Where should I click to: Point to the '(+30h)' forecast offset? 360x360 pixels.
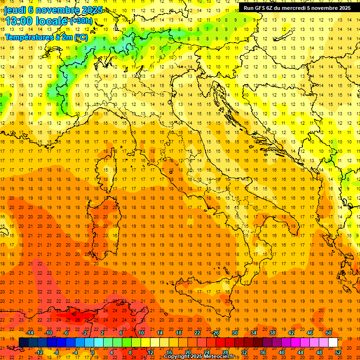[81, 21]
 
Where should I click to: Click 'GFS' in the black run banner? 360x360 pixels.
[261, 7]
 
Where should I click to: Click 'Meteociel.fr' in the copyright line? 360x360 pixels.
[222, 357]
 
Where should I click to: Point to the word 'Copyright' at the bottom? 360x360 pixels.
[177, 357]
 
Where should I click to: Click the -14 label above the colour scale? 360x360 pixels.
[30, 333]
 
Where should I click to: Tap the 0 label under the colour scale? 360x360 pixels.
[93, 352]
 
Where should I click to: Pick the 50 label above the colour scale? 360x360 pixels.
[329, 333]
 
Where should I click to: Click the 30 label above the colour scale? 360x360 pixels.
[234, 333]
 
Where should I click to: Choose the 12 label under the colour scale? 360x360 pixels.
[150, 352]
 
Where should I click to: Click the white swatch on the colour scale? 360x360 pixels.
[333, 343]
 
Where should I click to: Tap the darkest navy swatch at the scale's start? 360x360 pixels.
[24, 343]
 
